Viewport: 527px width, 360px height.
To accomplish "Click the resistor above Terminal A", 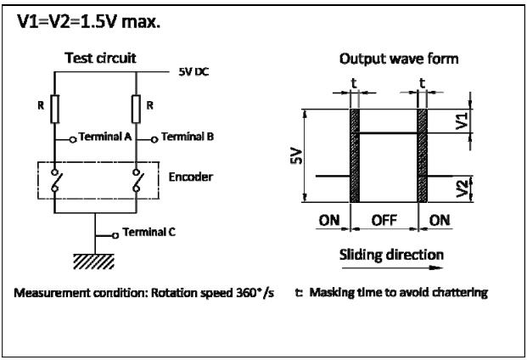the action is click(55, 109).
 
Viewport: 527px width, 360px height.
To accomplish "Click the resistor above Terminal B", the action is click(136, 109).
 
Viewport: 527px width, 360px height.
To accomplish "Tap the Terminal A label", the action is click(105, 137).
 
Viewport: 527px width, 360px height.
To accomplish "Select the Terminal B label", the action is click(188, 137).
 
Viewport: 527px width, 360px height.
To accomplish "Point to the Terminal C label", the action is click(149, 232).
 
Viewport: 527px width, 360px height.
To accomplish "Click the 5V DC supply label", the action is click(193, 72).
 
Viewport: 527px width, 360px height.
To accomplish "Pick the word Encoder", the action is click(191, 177).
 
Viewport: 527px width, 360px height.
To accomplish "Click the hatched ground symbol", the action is click(93, 262).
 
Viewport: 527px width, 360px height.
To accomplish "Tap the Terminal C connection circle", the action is click(115, 236).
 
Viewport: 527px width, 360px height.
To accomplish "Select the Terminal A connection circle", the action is click(73, 139).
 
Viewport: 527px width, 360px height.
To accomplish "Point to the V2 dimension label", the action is click(463, 188).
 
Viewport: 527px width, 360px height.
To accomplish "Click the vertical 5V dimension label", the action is click(296, 156).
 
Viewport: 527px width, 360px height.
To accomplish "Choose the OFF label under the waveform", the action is click(384, 221).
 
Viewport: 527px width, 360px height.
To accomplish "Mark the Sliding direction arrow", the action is click(392, 268).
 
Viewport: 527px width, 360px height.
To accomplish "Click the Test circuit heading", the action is click(100, 58).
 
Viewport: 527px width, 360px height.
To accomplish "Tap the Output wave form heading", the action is click(399, 59).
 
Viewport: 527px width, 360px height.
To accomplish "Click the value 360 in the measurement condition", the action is click(246, 293).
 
